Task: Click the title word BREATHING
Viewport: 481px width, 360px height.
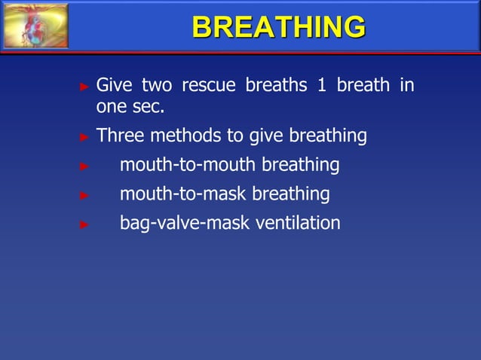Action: click(x=278, y=26)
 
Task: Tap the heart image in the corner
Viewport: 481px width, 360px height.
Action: click(x=35, y=26)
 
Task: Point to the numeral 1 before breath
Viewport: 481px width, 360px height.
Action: click(x=321, y=85)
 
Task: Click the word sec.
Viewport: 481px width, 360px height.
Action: click(x=149, y=108)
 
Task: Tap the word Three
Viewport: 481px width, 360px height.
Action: click(x=121, y=136)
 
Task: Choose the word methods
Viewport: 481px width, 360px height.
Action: click(x=188, y=136)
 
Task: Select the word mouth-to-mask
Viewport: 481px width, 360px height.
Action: click(x=183, y=194)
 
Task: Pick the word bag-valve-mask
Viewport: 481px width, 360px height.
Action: click(x=174, y=224)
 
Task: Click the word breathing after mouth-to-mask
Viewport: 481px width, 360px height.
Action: click(x=290, y=194)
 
